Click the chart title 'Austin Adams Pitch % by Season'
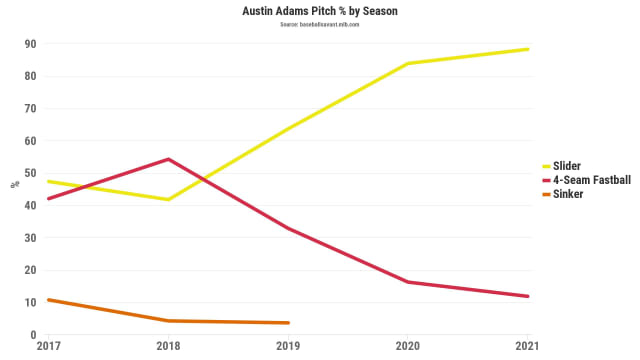point(320,11)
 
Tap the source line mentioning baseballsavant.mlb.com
point(320,24)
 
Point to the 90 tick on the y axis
point(31,44)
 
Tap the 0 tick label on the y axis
point(34,334)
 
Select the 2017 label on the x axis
point(48,346)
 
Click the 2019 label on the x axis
point(288,346)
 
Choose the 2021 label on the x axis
point(528,346)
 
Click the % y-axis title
point(14,185)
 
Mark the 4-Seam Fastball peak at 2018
point(168,159)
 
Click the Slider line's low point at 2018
point(168,199)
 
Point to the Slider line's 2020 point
point(408,64)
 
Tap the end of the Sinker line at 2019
point(288,322)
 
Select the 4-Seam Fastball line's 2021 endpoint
point(528,296)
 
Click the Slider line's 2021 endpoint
point(528,49)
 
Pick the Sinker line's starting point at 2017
point(48,300)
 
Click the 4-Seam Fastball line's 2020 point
point(408,282)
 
